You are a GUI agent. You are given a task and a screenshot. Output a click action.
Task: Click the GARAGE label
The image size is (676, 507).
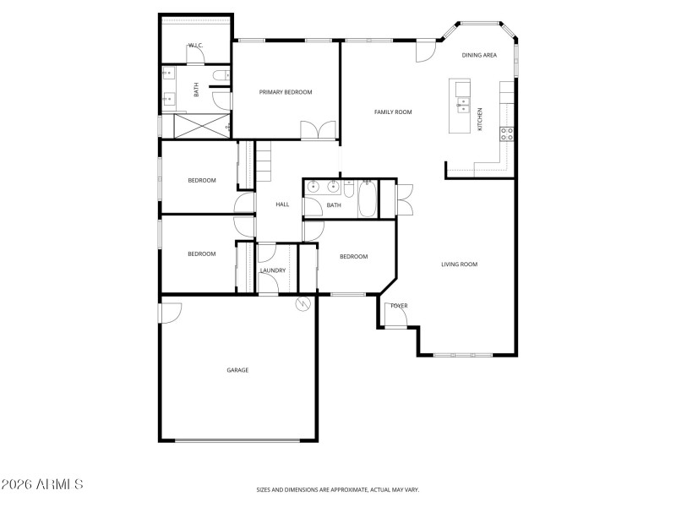[237, 369]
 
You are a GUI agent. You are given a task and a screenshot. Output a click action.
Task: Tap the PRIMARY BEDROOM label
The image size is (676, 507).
[286, 92]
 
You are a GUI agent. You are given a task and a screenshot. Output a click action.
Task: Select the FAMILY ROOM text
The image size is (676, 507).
[393, 112]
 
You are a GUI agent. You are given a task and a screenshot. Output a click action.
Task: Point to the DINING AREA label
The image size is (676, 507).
[479, 55]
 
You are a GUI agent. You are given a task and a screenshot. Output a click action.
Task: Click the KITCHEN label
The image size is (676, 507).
[481, 118]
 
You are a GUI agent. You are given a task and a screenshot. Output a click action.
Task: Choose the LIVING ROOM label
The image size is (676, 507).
[459, 264]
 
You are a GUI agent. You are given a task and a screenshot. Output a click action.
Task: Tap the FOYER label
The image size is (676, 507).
[398, 305]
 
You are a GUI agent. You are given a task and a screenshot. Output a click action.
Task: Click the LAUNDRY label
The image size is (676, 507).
[273, 270]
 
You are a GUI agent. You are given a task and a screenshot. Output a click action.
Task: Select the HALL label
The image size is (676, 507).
[282, 204]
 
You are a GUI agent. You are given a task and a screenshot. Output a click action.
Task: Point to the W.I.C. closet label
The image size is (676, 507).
[195, 45]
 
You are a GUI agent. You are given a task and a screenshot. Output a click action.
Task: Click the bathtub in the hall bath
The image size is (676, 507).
[367, 198]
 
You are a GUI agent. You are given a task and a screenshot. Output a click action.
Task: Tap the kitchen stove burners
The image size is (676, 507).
[507, 133]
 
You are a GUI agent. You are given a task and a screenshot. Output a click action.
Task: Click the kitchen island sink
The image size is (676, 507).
[462, 105]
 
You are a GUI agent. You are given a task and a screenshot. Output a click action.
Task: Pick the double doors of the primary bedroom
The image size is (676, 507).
[318, 130]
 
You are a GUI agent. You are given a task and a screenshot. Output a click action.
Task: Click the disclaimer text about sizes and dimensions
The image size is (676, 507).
[338, 489]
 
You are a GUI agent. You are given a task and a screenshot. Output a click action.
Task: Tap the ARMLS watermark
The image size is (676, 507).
[42, 484]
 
